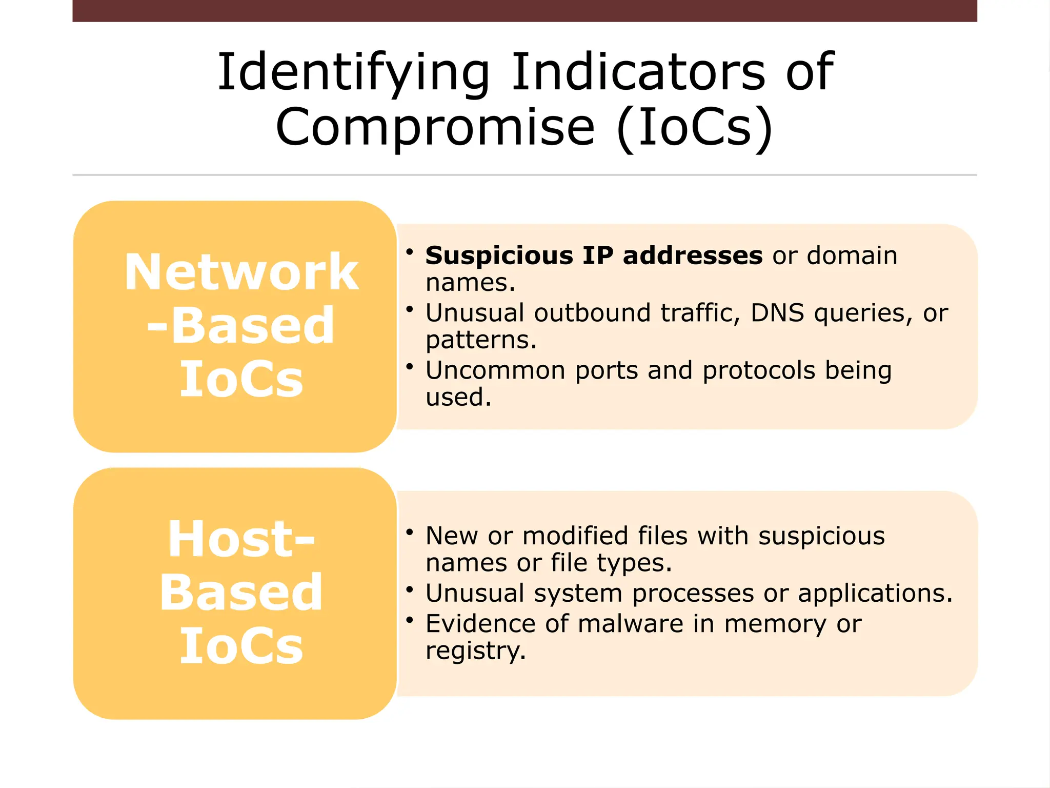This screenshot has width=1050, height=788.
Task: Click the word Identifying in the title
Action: click(354, 73)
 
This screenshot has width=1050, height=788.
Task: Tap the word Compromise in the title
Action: click(435, 127)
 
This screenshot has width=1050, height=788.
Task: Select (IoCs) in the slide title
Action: click(695, 127)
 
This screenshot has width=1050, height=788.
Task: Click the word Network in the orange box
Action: click(241, 272)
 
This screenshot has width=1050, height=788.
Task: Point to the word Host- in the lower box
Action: click(241, 539)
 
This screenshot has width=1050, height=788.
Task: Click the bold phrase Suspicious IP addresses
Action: click(594, 255)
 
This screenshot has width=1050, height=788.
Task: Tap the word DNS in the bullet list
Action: click(777, 313)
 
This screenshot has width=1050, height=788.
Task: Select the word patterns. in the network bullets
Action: click(481, 340)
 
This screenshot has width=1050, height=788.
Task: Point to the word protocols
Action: click(759, 370)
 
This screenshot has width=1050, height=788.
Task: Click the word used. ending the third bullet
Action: click(458, 397)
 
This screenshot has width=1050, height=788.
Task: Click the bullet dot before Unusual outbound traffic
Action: click(409, 309)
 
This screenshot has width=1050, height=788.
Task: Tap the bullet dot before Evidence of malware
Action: click(409, 620)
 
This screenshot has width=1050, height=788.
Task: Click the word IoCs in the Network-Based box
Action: click(241, 380)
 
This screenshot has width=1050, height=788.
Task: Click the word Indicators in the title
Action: click(638, 73)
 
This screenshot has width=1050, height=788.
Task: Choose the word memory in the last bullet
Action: click(775, 624)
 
